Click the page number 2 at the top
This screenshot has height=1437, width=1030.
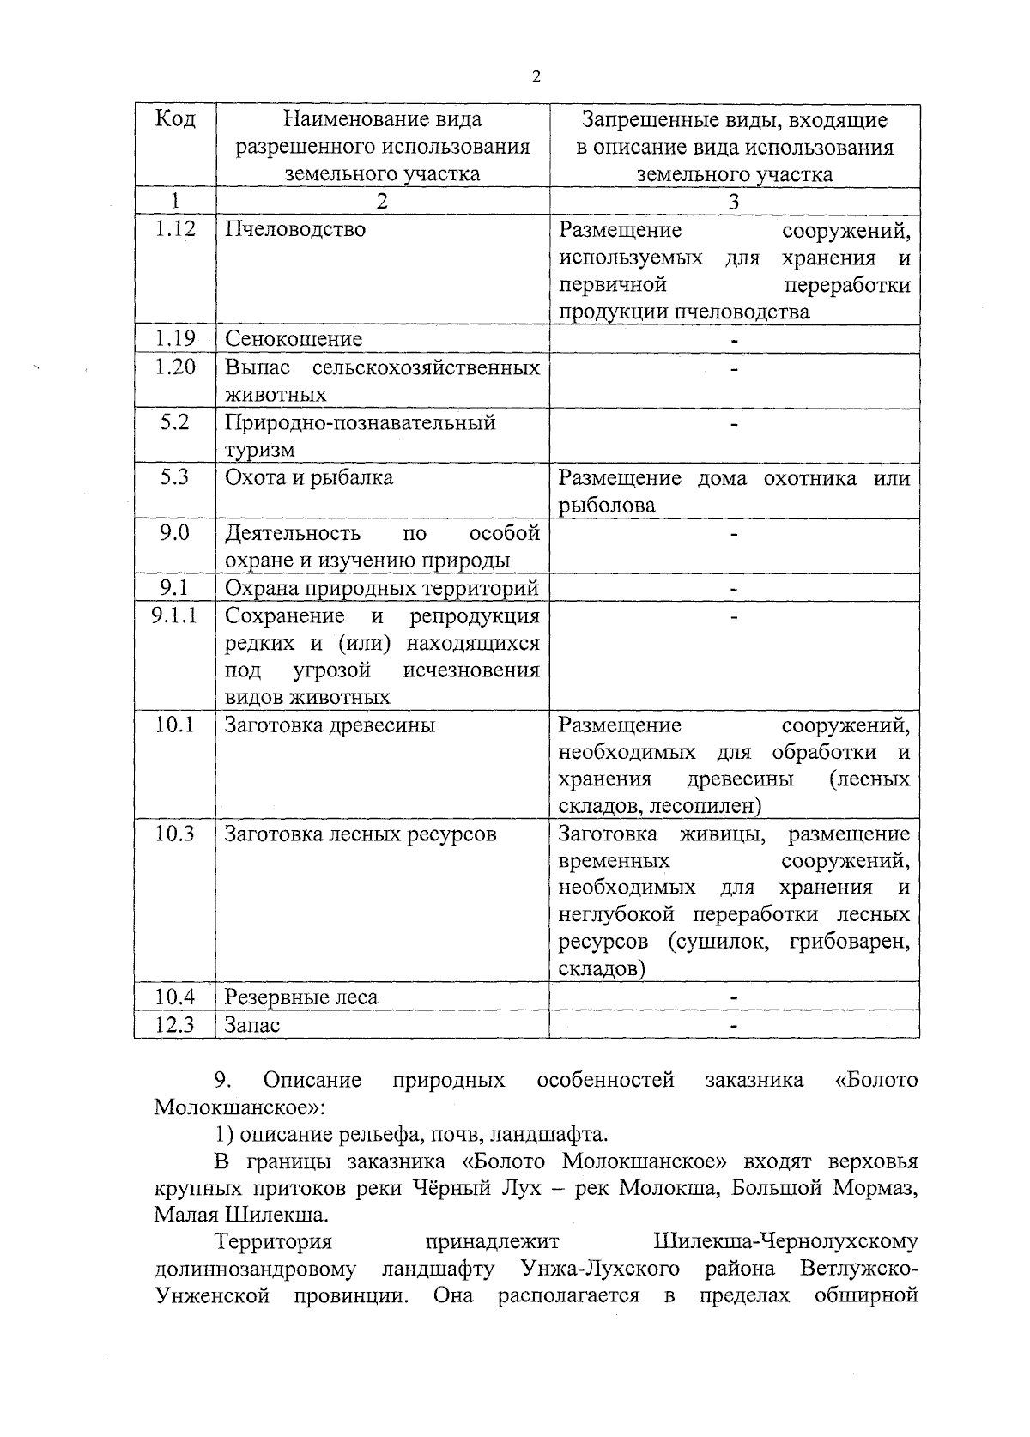[x=536, y=77]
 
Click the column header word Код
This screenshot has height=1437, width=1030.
[x=175, y=119]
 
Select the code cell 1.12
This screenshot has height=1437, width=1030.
[x=175, y=228]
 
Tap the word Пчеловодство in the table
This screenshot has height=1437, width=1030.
[x=295, y=229]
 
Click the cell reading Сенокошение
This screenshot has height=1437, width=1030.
[x=294, y=339]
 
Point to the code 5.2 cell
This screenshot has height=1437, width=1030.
[x=175, y=422]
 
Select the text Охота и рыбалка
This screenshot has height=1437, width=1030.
[x=309, y=478]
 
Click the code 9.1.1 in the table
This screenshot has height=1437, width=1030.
[x=174, y=615]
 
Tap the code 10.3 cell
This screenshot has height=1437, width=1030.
[x=175, y=834]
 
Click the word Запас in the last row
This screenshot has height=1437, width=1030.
[x=252, y=1025]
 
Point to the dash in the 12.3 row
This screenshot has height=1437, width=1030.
[x=734, y=1025]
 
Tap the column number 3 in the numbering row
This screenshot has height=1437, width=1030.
[x=734, y=202]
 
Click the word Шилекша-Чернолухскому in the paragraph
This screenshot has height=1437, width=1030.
[x=785, y=1242]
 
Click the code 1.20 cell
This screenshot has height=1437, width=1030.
[x=175, y=367]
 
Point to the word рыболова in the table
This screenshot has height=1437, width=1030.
[x=607, y=506]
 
